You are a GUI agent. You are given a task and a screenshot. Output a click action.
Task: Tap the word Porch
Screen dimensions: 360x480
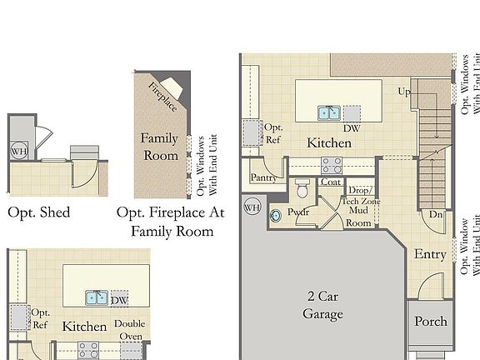click(x=431, y=321)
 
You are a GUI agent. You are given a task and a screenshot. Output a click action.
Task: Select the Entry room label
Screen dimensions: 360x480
click(x=430, y=255)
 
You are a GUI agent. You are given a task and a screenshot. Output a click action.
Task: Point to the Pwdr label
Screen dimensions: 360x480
click(x=298, y=212)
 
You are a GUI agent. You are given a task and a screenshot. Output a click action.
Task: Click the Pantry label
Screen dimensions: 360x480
click(x=263, y=178)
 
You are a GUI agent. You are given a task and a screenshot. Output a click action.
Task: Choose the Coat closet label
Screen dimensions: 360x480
click(x=331, y=182)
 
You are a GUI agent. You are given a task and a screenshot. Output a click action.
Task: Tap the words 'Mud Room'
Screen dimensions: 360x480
click(x=358, y=217)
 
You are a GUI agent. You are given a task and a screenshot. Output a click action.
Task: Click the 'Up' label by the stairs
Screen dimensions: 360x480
click(x=404, y=92)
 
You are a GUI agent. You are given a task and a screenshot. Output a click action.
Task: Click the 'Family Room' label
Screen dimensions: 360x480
click(x=158, y=146)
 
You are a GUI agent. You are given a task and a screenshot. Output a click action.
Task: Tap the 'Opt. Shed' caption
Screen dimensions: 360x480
click(x=38, y=212)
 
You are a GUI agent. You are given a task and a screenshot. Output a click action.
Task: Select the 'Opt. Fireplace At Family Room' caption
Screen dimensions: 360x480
click(x=171, y=222)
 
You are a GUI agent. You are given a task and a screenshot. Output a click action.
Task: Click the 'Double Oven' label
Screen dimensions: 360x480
click(x=129, y=330)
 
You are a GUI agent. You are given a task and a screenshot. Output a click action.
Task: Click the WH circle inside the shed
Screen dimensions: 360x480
click(x=18, y=152)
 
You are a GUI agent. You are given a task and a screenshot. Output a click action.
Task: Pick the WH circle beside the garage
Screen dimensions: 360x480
click(x=251, y=206)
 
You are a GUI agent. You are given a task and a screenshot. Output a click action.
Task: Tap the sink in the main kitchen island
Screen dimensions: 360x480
click(x=327, y=112)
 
